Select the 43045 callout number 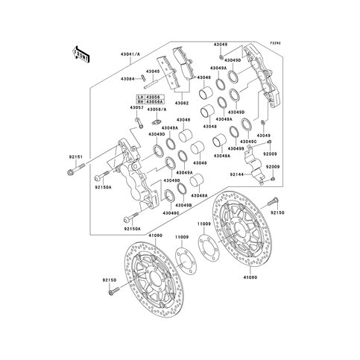coord(153,72)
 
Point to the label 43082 coord(183,103)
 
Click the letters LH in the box coord(139,96)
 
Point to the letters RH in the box coord(139,102)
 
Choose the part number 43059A coord(154,102)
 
